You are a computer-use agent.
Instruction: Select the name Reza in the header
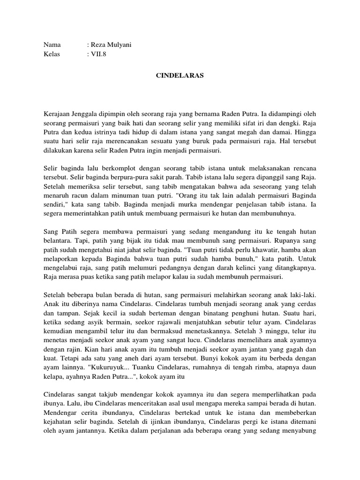tap(99, 45)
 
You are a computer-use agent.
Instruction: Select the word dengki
tap(267, 124)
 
